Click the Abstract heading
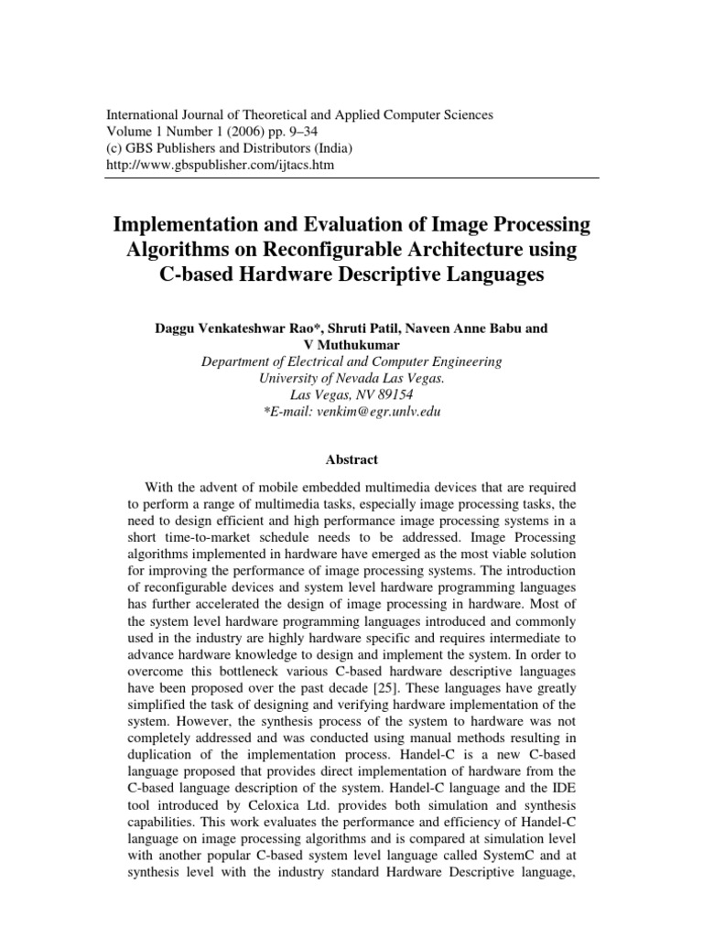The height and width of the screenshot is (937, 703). tap(351, 460)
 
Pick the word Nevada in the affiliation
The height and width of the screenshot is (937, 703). tap(355, 378)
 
